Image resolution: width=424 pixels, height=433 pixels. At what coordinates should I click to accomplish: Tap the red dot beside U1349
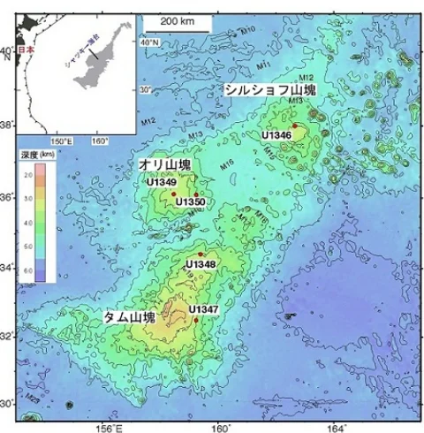174,193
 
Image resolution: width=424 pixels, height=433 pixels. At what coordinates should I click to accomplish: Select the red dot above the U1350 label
195,194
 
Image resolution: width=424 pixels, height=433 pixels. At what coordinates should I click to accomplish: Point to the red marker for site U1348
201,254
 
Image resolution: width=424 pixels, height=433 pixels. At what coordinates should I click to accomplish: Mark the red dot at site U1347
196,320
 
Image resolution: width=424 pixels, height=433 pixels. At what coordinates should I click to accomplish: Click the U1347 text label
202,309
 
